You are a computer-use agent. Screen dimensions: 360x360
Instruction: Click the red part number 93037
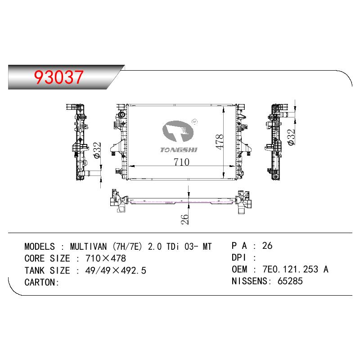[x=58, y=77]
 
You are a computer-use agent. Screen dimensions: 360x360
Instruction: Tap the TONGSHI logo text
[x=179, y=150]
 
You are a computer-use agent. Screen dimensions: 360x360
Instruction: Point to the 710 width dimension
[x=182, y=162]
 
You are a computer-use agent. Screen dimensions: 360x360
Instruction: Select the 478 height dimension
[x=220, y=142]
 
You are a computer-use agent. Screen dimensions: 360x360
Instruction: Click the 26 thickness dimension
[x=184, y=219]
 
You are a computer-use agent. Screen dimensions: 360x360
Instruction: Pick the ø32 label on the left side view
[x=97, y=150]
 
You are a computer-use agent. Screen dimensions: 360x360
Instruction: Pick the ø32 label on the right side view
[x=291, y=137]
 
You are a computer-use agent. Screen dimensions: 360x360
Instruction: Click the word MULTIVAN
[x=88, y=247]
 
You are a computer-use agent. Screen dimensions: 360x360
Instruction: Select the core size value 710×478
[x=106, y=258]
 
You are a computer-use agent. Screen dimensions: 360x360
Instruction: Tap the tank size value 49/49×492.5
[x=116, y=270]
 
